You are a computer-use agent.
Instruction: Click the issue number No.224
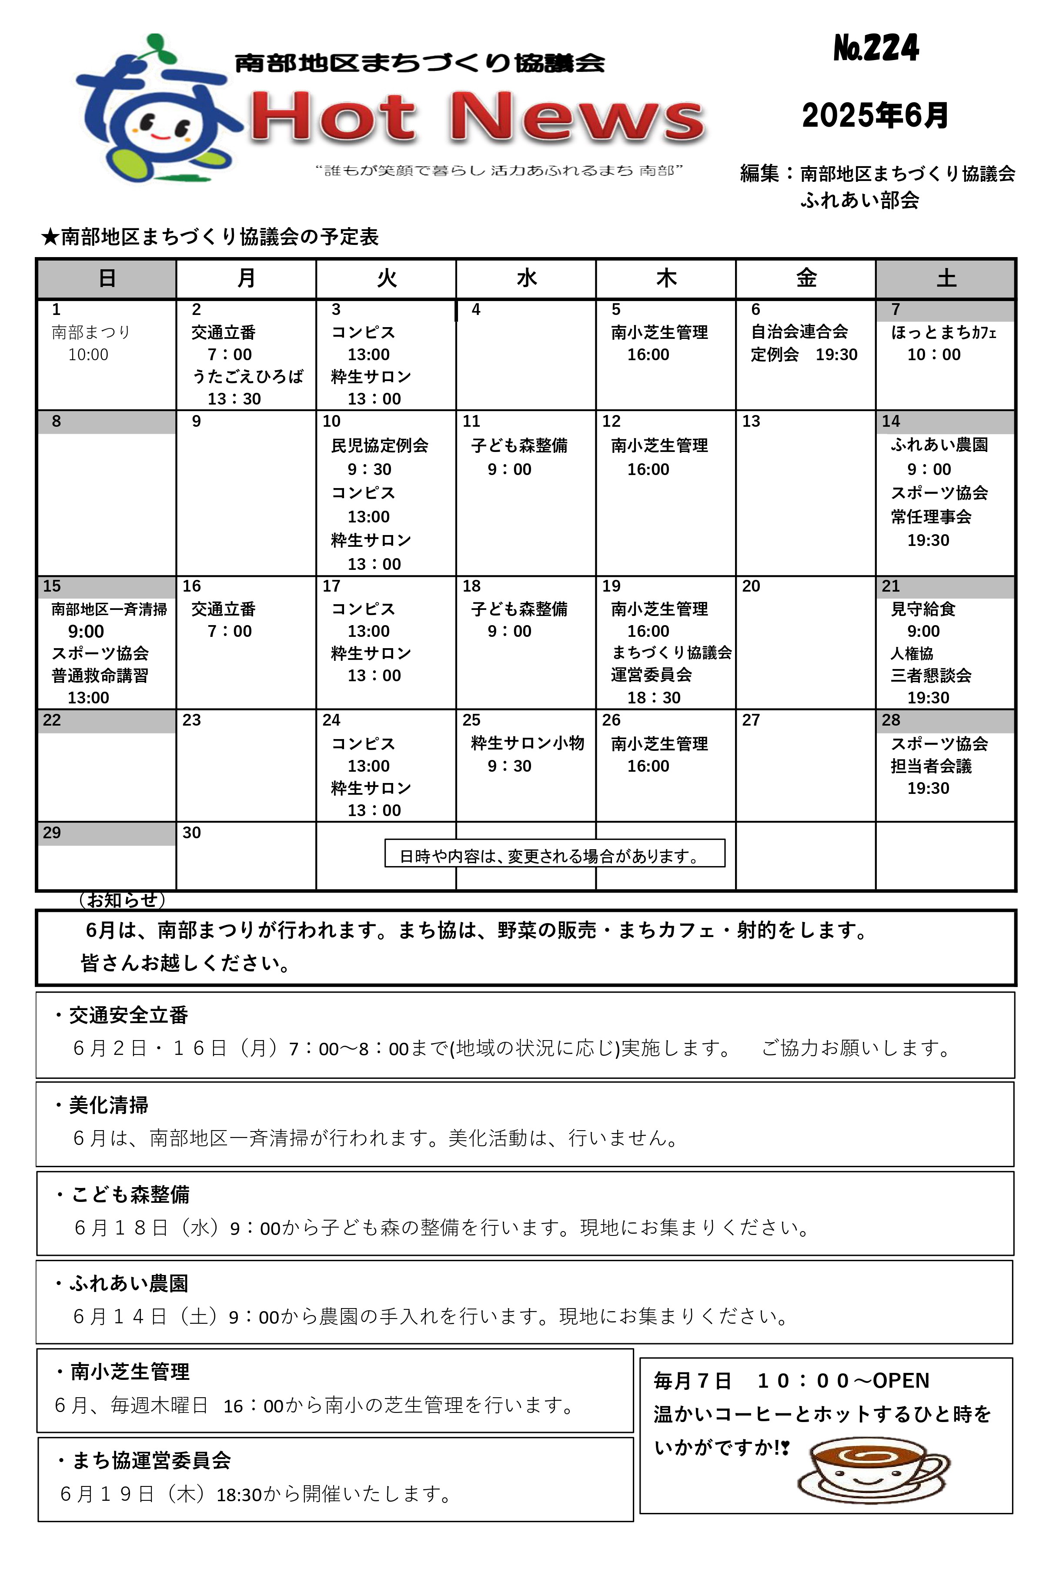[x=876, y=48]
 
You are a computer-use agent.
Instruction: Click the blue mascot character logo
[x=156, y=111]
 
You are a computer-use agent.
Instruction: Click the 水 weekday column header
[x=526, y=278]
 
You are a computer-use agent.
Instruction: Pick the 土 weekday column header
[x=946, y=278]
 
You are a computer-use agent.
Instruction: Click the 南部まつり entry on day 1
[x=91, y=332]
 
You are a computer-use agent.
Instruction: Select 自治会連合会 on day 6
[x=799, y=331]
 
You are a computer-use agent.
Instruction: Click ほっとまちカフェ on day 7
[x=943, y=332]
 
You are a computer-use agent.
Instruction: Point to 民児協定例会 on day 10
[x=380, y=445]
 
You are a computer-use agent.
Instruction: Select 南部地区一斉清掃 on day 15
[x=109, y=609]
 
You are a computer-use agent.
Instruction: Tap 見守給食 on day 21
[x=922, y=609]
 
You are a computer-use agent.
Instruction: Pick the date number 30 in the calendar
[x=192, y=833]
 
